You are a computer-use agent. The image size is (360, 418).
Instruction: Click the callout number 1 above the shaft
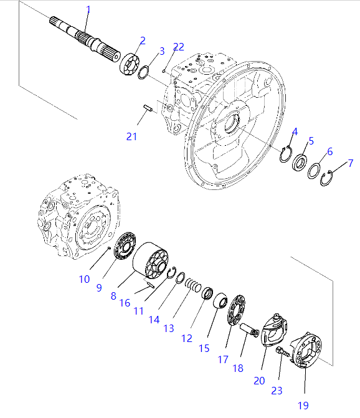[x=88, y=10]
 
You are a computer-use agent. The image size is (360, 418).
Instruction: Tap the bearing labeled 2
[x=130, y=64]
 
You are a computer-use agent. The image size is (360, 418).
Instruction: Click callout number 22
[x=179, y=47]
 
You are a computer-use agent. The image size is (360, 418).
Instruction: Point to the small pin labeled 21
[x=148, y=108]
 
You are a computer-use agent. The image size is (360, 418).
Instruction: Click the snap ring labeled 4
[x=286, y=154]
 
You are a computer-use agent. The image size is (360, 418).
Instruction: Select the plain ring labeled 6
[x=314, y=171]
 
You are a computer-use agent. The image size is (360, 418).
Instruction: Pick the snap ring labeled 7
[x=326, y=178]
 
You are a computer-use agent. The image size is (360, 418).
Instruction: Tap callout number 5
[x=311, y=141]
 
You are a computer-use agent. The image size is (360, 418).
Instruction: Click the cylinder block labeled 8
[x=150, y=260]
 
